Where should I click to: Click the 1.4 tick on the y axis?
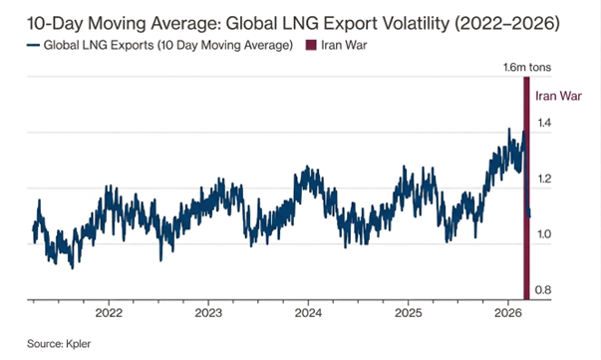(546, 123)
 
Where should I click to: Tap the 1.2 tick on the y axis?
(546, 179)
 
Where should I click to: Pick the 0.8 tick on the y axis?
(546, 290)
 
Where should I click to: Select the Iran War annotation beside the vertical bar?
(558, 96)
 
